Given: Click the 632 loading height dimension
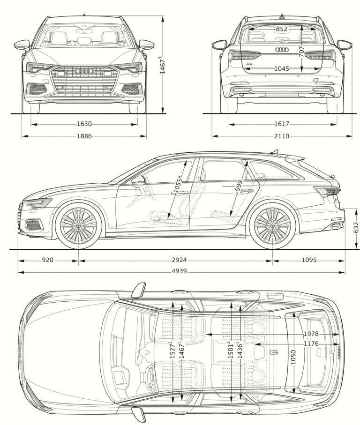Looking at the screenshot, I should pyautogui.click(x=356, y=228).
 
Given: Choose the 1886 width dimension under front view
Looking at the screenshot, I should pyautogui.click(x=84, y=136).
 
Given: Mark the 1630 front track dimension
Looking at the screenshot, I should pyautogui.click(x=84, y=124).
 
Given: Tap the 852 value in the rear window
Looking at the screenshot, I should pyautogui.click(x=281, y=29).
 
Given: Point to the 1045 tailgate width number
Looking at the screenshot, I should pyautogui.click(x=281, y=69).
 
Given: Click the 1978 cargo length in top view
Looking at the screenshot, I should pyautogui.click(x=311, y=334).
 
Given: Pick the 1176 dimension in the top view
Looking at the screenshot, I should pyautogui.click(x=311, y=344).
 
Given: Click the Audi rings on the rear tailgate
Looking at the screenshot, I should pyautogui.click(x=281, y=50).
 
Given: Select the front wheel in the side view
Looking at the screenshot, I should pyautogui.click(x=78, y=226).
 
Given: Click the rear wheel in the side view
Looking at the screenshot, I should pyautogui.click(x=272, y=226).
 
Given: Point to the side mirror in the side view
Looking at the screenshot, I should pyautogui.click(x=138, y=181).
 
